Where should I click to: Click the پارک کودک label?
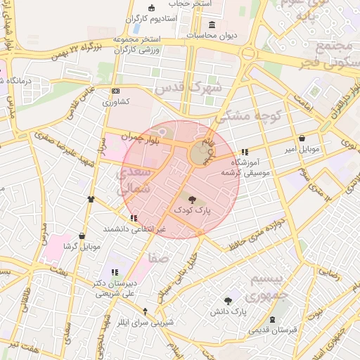tap(193, 210)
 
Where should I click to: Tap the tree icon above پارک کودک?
tap(193, 200)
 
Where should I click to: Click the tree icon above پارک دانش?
tap(228, 300)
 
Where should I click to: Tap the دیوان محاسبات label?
tap(212, 34)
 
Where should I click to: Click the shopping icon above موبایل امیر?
tap(302, 139)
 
